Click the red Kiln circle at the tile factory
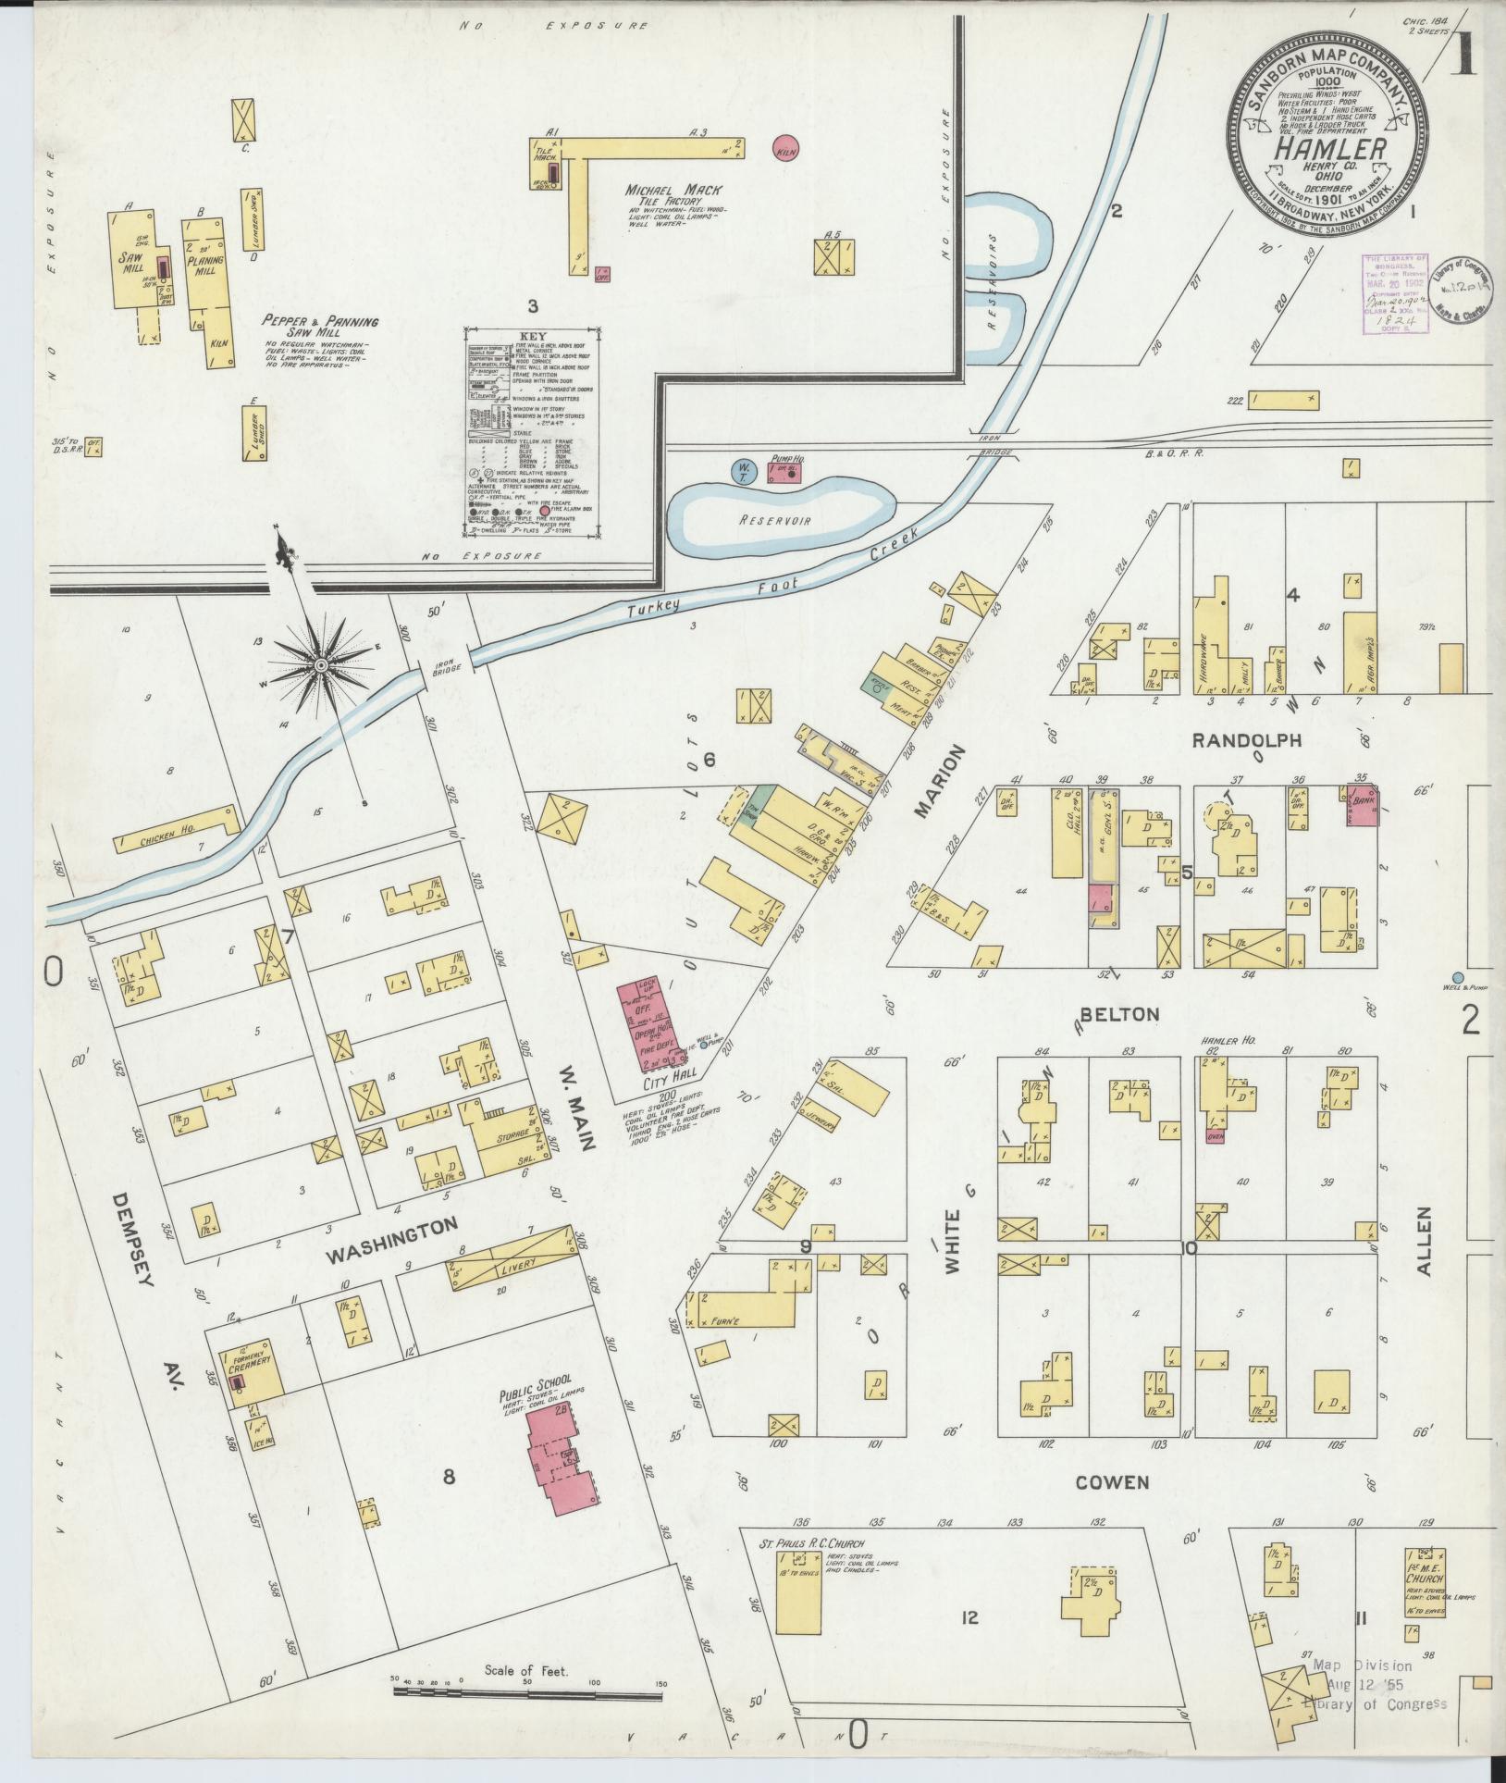(x=785, y=148)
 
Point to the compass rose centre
(x=320, y=665)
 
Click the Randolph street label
(x=1246, y=740)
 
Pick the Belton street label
(x=1119, y=1014)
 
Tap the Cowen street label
(x=1112, y=1482)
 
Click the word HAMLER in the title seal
(x=1331, y=148)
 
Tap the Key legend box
(x=532, y=431)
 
